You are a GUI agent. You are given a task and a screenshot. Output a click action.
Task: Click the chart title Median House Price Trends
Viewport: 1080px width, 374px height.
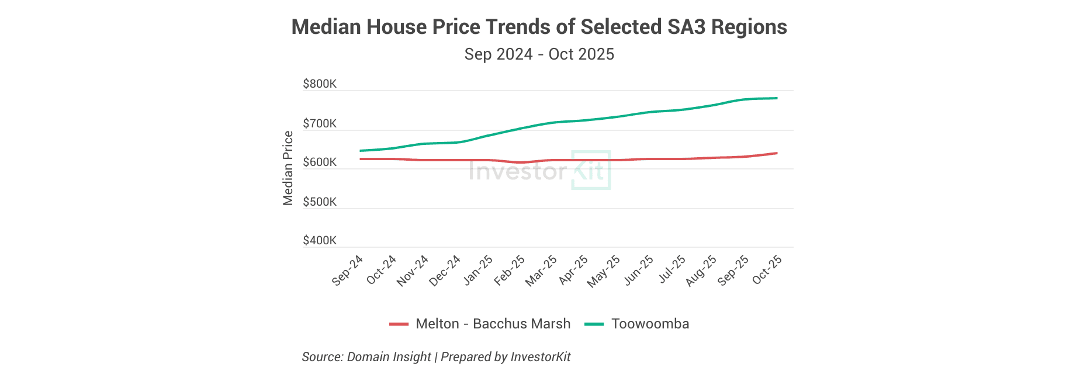pyautogui.click(x=539, y=27)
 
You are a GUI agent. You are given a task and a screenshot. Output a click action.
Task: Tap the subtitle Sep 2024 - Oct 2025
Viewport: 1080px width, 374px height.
pyautogui.click(x=539, y=54)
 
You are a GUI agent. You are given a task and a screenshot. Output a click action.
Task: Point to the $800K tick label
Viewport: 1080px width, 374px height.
pyautogui.click(x=320, y=84)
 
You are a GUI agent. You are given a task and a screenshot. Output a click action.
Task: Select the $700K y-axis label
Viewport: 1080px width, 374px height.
pyautogui.click(x=320, y=124)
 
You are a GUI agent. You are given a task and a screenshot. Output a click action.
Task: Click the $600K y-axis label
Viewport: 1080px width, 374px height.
pyautogui.click(x=320, y=162)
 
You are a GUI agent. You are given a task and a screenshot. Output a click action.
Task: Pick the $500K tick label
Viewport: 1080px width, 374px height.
pyautogui.click(x=320, y=202)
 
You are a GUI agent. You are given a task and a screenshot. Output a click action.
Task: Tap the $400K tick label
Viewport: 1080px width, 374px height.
pyautogui.click(x=320, y=241)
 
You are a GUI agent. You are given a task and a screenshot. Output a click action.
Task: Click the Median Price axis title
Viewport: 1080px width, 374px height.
pyautogui.click(x=288, y=168)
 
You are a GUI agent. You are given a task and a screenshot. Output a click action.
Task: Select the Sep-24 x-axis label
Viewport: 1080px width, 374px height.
pyautogui.click(x=348, y=271)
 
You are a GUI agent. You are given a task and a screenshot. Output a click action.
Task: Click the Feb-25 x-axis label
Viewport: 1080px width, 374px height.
pyautogui.click(x=510, y=271)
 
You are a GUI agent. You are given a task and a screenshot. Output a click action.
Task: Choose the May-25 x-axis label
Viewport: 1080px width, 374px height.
pyautogui.click(x=604, y=271)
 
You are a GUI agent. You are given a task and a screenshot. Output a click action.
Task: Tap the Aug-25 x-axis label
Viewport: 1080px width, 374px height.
pyautogui.click(x=701, y=271)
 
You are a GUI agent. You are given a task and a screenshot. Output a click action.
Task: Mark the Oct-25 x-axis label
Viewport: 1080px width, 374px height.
pyautogui.click(x=767, y=270)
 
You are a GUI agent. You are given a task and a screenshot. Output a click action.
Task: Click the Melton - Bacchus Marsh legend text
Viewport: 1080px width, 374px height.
pyautogui.click(x=493, y=324)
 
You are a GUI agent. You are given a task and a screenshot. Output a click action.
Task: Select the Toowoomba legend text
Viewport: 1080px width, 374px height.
pyautogui.click(x=650, y=324)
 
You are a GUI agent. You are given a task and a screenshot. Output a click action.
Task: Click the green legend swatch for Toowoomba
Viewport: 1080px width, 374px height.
pyautogui.click(x=594, y=324)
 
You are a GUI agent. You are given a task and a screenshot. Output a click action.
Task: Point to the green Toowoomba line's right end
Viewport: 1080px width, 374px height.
pyautogui.click(x=777, y=98)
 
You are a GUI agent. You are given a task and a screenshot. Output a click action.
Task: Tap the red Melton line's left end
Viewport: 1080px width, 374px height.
pyautogui.click(x=361, y=159)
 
